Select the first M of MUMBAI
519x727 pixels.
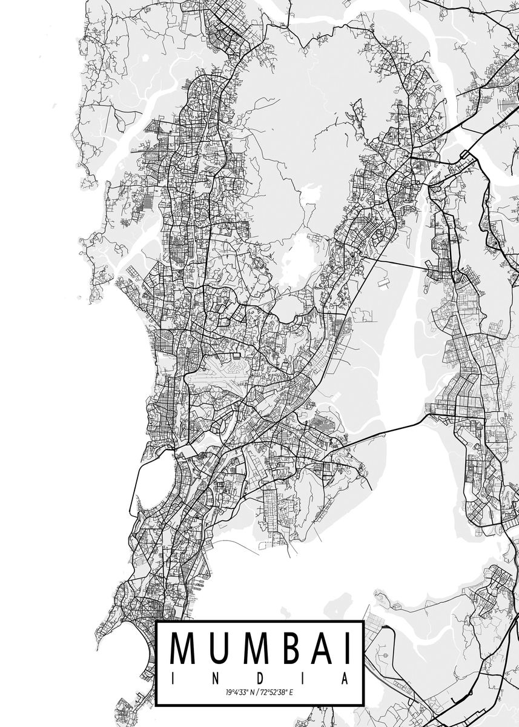(184, 649)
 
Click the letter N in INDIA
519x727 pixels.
(215, 679)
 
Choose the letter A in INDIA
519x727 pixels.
(346, 679)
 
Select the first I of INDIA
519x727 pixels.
(172, 679)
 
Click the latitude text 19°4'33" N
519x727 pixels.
(239, 691)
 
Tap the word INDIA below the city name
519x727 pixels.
(259, 679)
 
